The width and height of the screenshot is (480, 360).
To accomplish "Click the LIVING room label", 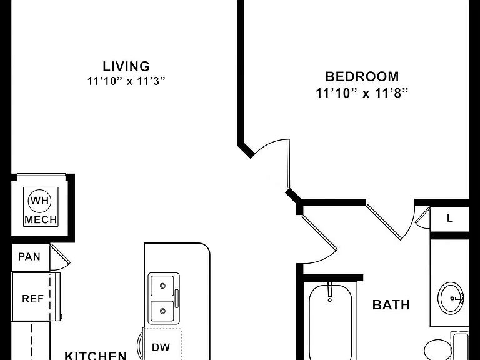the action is [126, 66].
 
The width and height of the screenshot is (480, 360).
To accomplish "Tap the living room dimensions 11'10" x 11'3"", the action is [126, 81].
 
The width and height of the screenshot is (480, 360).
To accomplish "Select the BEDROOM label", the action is [362, 76].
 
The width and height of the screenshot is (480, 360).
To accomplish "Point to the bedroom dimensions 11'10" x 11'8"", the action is [362, 92].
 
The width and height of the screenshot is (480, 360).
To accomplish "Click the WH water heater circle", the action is [40, 201].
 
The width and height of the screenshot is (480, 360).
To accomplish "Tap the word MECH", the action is [41, 219].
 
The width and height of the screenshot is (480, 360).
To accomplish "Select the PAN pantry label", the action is [29, 256].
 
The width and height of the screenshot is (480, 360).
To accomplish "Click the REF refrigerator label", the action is [32, 299].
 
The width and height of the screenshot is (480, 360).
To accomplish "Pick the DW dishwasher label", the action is [161, 347].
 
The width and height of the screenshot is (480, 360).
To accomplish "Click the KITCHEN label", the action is [96, 356].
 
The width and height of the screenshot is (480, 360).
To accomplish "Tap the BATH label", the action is [391, 305].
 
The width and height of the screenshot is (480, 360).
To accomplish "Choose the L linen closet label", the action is [450, 219].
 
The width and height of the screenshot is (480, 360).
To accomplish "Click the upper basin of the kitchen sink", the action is [162, 286].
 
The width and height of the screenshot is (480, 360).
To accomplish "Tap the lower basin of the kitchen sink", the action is [162, 311].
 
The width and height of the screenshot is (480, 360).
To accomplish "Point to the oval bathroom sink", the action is [451, 297].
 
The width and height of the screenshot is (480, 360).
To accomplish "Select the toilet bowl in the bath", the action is [436, 349].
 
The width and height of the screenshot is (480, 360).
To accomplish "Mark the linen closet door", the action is [422, 217].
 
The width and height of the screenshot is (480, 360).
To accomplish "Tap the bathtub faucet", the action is [330, 291].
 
